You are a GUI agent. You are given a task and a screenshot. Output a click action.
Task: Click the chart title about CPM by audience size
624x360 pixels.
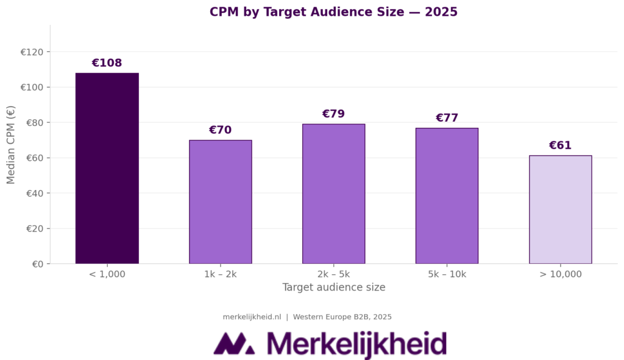click(333, 12)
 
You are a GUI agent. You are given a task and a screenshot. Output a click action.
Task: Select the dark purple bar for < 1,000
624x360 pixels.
click(107, 168)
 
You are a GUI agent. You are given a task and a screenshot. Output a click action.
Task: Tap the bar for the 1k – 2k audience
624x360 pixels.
click(221, 202)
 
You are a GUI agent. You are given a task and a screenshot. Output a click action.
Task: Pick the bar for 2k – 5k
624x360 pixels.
click(333, 194)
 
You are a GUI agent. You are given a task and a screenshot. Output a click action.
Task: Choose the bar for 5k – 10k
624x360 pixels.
click(447, 196)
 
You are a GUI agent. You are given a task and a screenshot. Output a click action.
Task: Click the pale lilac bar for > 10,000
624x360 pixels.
click(560, 210)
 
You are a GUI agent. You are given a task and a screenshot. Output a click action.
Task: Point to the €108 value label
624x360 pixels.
click(107, 63)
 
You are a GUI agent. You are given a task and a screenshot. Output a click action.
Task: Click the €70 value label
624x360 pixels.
click(221, 130)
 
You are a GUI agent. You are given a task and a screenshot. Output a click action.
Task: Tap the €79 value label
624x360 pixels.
click(333, 115)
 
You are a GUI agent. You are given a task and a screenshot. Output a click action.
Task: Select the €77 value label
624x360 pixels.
click(447, 118)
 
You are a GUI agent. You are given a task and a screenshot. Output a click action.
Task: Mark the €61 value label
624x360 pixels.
click(560, 146)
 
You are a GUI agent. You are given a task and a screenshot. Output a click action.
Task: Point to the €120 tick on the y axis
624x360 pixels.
click(32, 52)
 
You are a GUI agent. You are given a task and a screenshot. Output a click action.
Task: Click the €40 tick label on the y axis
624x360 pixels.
click(34, 194)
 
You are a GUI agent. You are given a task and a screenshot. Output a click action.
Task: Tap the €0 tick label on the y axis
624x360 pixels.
click(37, 264)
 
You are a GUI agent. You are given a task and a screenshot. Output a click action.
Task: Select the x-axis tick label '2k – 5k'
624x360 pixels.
click(333, 274)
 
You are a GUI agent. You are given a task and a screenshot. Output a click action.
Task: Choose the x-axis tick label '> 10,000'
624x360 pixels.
click(560, 274)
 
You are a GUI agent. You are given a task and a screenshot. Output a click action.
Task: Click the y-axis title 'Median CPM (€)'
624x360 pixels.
click(11, 144)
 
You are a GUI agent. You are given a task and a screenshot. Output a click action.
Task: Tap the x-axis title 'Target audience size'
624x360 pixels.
click(333, 288)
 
